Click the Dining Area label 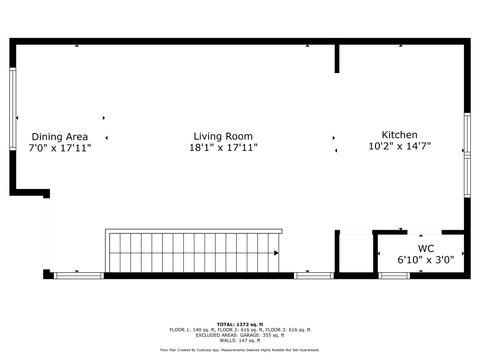pos(60,136)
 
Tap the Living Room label pos(223,136)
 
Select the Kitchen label pos(399,135)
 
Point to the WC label pos(426,247)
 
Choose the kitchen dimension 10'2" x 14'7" pos(399,146)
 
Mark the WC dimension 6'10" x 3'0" pos(426,259)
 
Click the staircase pos(194,251)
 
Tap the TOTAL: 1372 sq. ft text pos(239,324)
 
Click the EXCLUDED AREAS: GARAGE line pos(239,335)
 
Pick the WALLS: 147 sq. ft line pos(239,341)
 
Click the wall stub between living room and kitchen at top pos(337,58)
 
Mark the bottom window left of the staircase pos(78,275)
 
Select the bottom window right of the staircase pos(313,275)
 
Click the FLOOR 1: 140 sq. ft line pos(239,329)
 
